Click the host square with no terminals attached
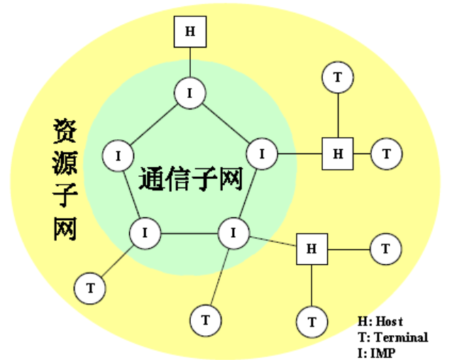[189, 31]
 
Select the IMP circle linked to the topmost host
[189, 93]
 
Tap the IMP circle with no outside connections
[118, 154]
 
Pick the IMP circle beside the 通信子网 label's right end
[262, 153]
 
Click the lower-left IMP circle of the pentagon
[145, 231]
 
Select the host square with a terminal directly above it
[338, 153]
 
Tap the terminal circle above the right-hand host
[338, 79]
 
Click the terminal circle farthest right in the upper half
[387, 153]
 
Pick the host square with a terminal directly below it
[312, 248]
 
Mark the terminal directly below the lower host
[312, 322]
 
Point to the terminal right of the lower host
[385, 249]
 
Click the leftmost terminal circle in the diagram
[90, 288]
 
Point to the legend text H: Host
[382, 322]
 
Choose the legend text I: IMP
[378, 351]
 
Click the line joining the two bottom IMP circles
[189, 232]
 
